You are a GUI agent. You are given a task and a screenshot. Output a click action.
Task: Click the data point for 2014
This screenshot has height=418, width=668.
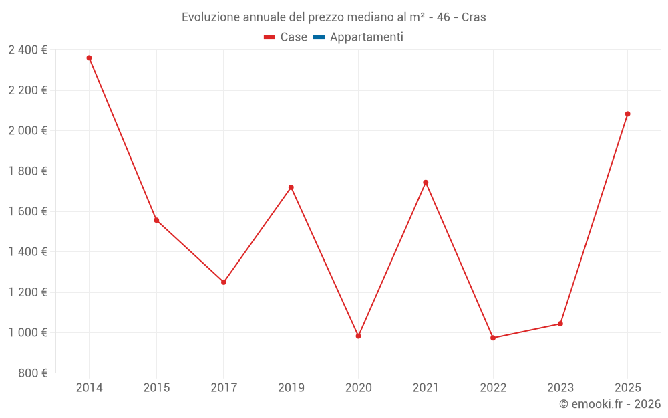click(89, 58)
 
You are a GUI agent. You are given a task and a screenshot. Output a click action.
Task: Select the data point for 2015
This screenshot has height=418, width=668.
click(156, 220)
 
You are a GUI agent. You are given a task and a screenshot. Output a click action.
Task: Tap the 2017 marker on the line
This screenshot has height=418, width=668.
click(224, 282)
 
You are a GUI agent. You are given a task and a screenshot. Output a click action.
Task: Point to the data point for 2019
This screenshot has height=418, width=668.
click(291, 187)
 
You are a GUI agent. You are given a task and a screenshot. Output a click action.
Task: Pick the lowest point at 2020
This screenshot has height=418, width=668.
click(358, 336)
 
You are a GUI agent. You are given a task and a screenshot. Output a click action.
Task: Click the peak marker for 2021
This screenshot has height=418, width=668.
click(426, 183)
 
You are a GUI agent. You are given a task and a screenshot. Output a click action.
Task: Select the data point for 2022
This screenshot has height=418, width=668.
click(493, 338)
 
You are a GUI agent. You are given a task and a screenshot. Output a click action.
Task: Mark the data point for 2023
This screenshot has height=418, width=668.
click(560, 324)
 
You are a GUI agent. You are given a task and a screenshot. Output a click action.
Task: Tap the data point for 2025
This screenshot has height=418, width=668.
click(627, 114)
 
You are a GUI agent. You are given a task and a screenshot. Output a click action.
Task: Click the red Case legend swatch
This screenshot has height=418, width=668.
click(270, 37)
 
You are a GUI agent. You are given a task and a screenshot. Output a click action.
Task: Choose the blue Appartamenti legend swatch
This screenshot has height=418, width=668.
click(319, 37)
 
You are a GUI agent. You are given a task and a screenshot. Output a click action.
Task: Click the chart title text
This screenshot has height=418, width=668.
click(334, 17)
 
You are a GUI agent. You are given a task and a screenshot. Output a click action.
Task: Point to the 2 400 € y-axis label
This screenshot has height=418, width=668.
click(27, 49)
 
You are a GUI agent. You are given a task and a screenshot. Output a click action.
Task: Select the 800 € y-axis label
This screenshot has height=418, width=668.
click(31, 373)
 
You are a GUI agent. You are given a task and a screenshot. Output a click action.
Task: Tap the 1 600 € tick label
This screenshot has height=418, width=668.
click(27, 211)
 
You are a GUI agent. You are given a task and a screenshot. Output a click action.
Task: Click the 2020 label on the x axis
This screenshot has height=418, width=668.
click(358, 387)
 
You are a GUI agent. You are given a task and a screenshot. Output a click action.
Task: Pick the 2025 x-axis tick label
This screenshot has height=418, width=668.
click(627, 387)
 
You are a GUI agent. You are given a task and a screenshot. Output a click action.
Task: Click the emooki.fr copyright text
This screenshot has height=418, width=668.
click(610, 404)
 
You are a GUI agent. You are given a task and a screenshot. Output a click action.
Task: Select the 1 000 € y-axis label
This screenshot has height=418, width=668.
click(27, 332)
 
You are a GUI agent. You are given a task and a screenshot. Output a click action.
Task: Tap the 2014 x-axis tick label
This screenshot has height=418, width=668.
click(89, 387)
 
